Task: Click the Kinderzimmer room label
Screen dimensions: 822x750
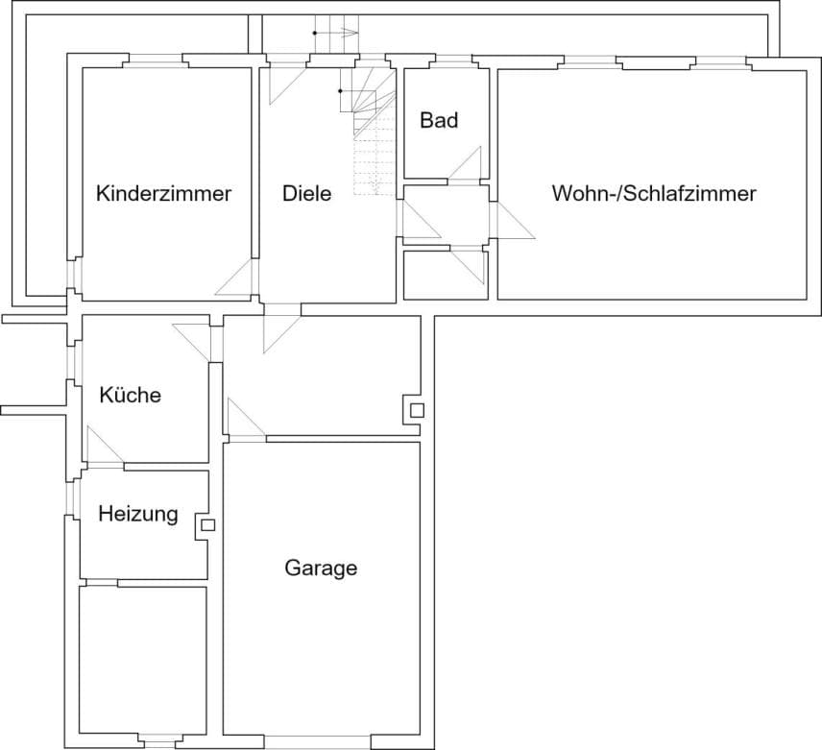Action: coord(163,193)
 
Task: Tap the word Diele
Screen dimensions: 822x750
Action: coord(306,193)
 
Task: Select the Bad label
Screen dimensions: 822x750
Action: coord(439,120)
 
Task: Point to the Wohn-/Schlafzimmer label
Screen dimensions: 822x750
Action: coord(654,193)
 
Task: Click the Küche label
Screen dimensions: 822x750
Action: coord(130,395)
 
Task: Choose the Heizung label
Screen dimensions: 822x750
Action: coord(138,514)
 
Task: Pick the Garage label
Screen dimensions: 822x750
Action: coord(321,569)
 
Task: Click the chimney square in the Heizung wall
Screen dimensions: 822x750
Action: coord(208,525)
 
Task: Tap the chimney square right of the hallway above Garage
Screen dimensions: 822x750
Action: coord(418,410)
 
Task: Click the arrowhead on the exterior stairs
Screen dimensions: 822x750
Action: coord(351,33)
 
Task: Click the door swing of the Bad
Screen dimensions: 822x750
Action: coord(465,163)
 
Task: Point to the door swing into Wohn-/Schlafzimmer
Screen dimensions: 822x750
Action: coord(517,221)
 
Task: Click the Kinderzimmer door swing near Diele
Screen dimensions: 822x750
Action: coord(234,278)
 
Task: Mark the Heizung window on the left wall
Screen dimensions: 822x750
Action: coord(71,497)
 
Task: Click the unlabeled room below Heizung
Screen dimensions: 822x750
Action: coord(142,661)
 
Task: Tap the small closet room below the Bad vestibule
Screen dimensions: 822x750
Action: coord(446,276)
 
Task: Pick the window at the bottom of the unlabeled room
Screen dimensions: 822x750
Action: coord(160,741)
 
